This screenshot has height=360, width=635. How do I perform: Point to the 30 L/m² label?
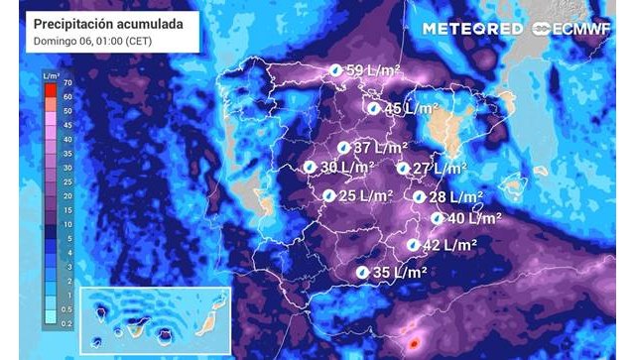click(347, 168)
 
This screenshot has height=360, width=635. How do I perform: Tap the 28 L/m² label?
click(455, 197)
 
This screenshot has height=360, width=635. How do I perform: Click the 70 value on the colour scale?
click(67, 84)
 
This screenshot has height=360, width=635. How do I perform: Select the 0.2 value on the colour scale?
click(65, 324)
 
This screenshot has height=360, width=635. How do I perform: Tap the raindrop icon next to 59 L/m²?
click(336, 70)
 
